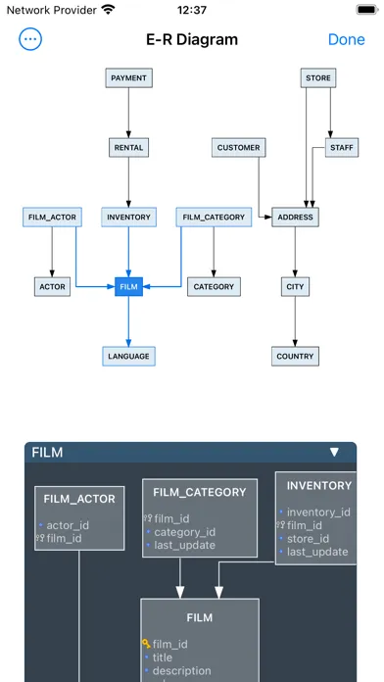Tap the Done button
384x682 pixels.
click(346, 40)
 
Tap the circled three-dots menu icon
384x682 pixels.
click(31, 40)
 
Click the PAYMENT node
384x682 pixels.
click(128, 77)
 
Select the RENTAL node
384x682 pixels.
click(128, 148)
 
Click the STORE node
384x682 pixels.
click(317, 77)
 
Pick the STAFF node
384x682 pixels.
click(342, 148)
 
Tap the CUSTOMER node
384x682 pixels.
click(239, 148)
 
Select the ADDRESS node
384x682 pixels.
click(295, 218)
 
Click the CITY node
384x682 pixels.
click(295, 287)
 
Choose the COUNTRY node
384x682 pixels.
click(295, 357)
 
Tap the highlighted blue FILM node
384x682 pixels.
click(128, 287)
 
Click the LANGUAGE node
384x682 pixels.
click(128, 357)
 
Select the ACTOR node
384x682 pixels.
click(51, 287)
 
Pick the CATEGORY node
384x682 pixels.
click(214, 287)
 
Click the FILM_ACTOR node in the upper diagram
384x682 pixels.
click(51, 218)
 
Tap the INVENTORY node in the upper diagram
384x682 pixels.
click(128, 218)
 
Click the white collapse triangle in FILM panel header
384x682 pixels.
click(334, 453)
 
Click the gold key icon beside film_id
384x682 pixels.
click(146, 644)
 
